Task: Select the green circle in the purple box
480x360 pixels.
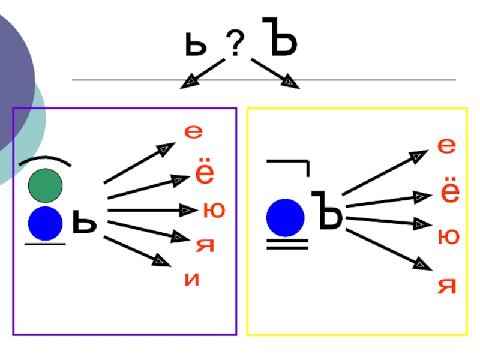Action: point(45,185)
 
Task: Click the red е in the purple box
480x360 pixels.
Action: point(193,133)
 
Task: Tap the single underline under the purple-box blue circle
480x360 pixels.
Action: point(45,244)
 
